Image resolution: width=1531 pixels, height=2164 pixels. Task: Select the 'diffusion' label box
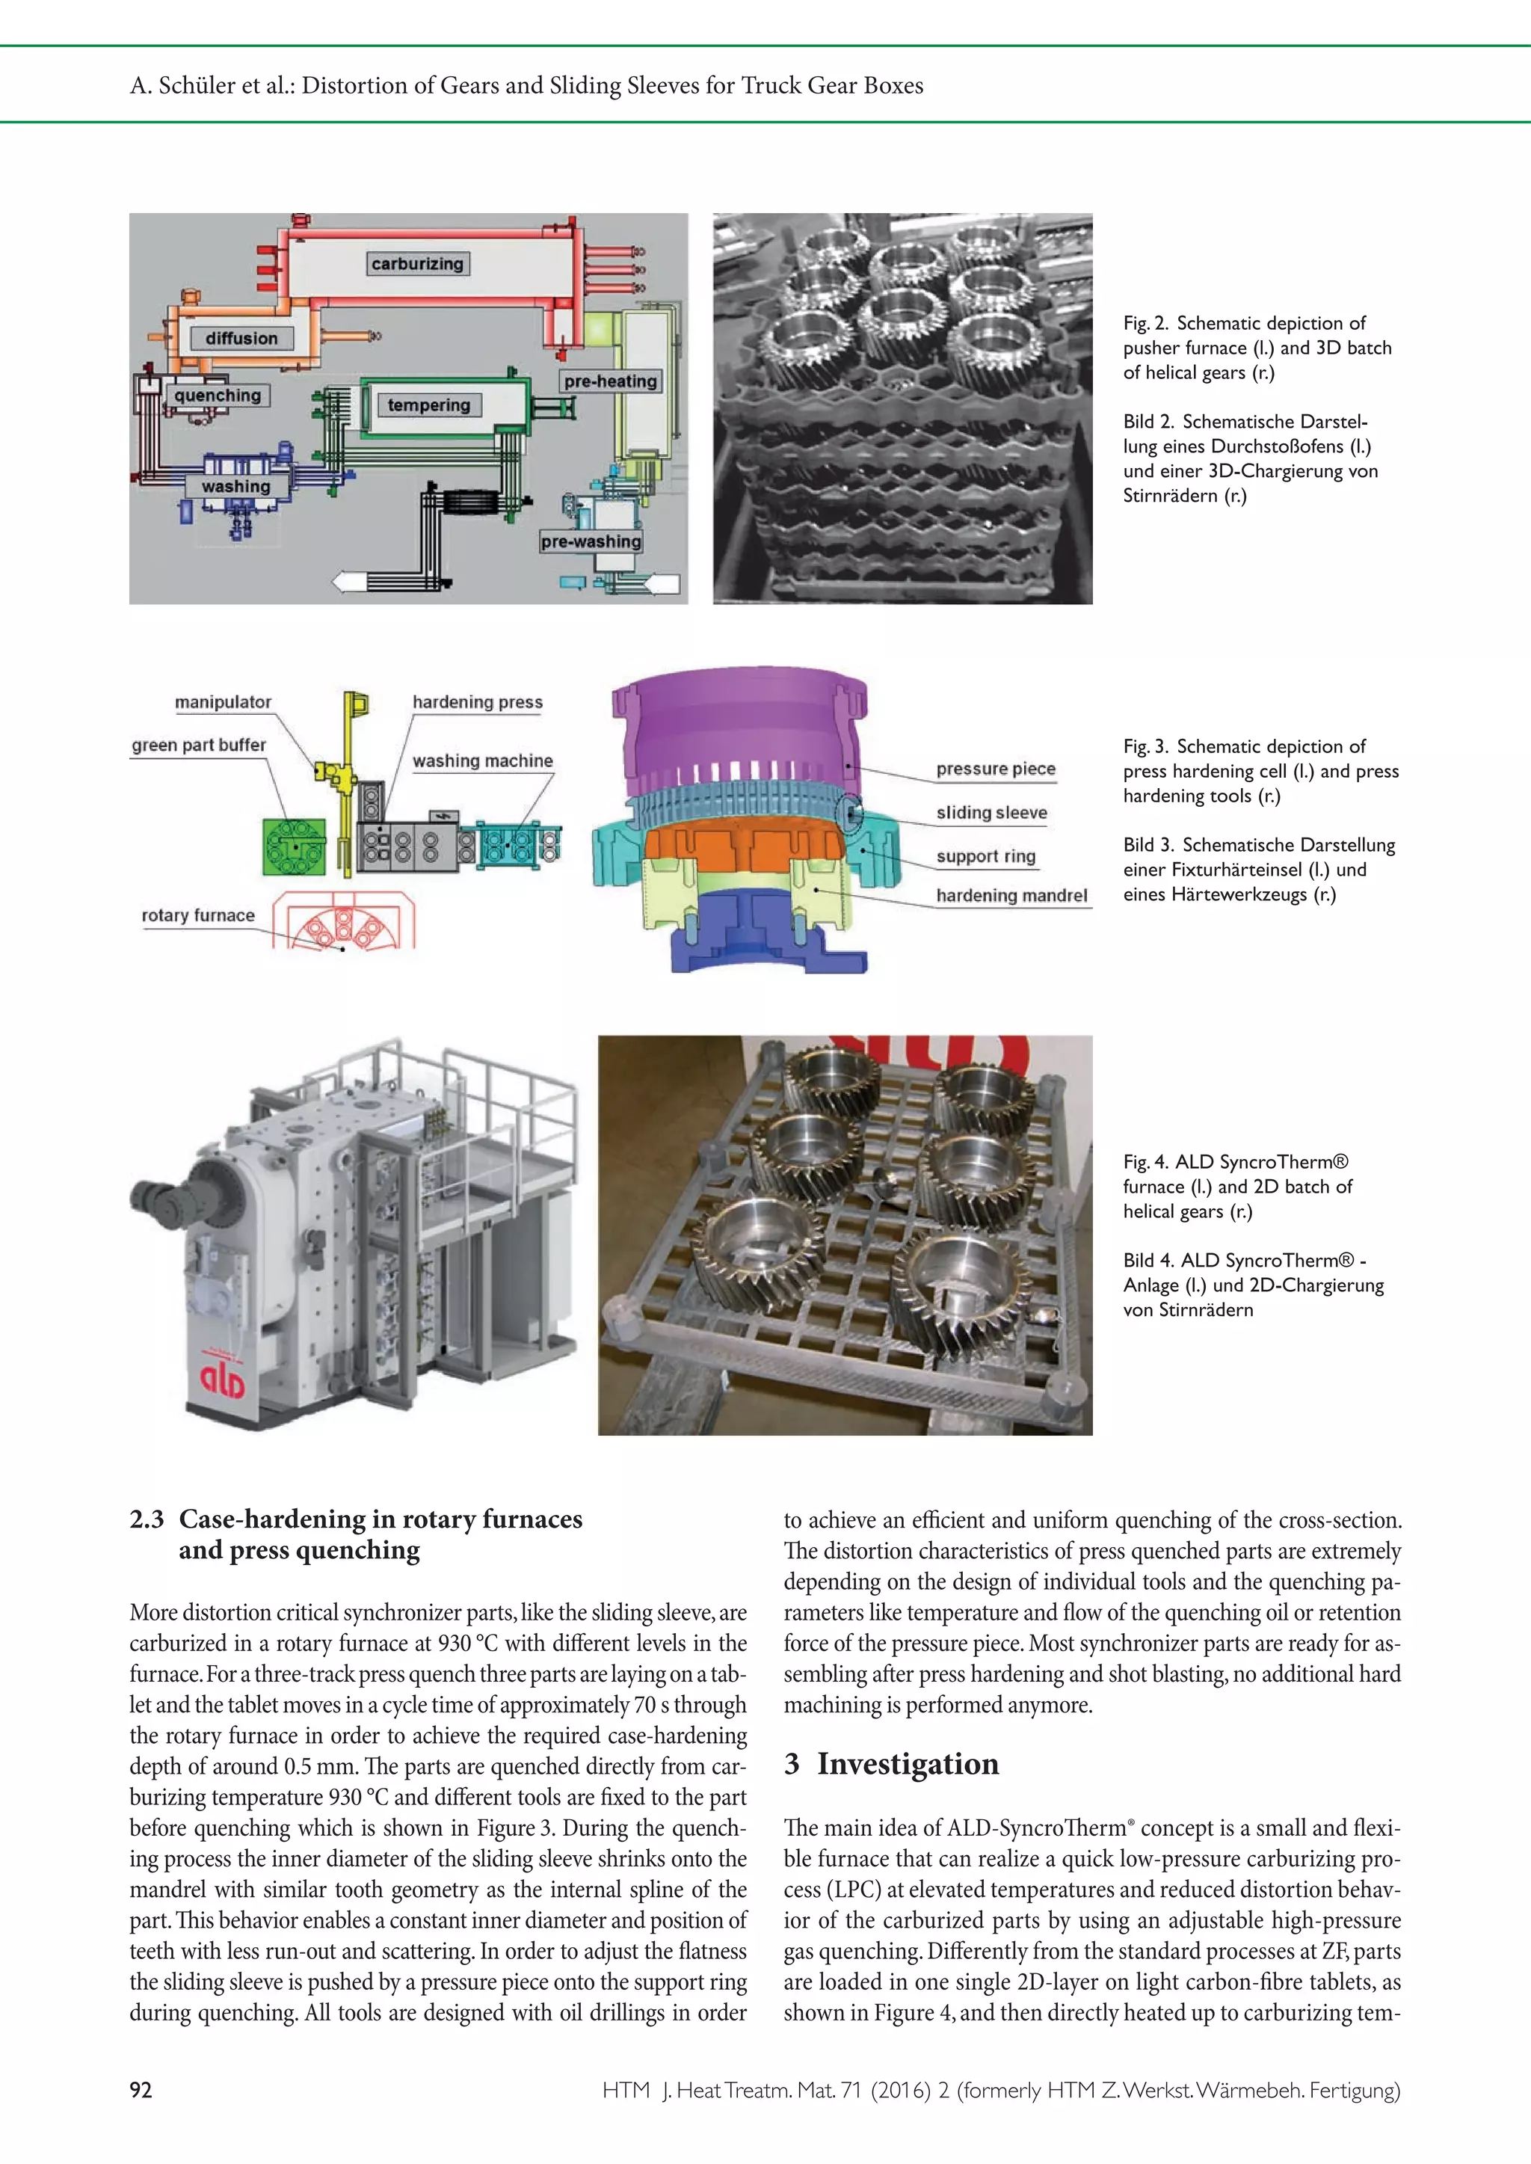tap(242, 339)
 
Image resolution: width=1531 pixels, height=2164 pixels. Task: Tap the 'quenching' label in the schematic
tap(218, 395)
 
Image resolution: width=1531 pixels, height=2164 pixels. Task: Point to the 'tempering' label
tap(429, 405)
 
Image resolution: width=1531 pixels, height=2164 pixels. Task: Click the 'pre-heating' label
tap(610, 381)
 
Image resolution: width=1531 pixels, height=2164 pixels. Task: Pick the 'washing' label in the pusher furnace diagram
tap(235, 487)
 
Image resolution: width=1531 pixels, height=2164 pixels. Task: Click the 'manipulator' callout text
tap(223, 701)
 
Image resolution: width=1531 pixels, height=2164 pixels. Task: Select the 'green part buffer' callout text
tap(198, 745)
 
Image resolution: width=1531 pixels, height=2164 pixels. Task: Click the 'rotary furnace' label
tap(198, 915)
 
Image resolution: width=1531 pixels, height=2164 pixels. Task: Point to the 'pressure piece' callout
tap(996, 769)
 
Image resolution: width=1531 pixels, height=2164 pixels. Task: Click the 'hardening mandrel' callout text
tap(1011, 896)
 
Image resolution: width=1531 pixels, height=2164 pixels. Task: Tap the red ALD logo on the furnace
tap(223, 1380)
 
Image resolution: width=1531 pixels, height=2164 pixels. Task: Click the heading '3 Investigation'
tap(891, 1764)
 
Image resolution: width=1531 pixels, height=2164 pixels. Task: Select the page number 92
tap(141, 2091)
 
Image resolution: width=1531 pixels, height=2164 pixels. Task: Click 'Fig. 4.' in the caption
tap(1145, 1162)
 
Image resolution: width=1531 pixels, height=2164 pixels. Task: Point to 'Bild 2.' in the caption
tap(1148, 422)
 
